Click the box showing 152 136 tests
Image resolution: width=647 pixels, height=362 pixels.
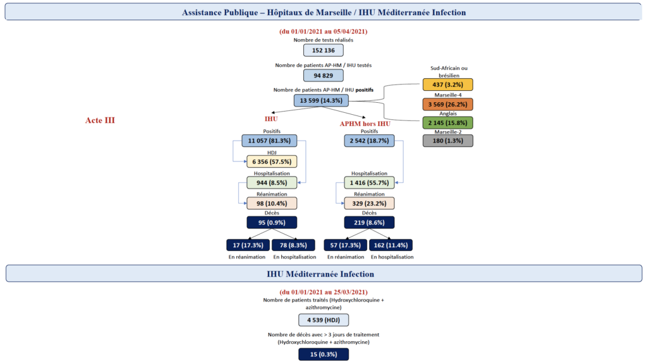point(323,50)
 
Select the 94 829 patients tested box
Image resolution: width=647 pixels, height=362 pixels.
point(323,76)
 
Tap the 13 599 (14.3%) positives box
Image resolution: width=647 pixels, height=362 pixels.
point(321,100)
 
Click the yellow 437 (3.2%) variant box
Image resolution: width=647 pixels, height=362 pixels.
point(448,85)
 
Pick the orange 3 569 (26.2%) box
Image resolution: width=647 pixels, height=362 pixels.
point(448,104)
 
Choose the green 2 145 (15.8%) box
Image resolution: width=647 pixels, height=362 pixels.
point(448,123)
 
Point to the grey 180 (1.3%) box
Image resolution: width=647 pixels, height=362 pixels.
point(448,141)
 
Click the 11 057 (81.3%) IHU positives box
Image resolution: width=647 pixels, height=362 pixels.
point(269,141)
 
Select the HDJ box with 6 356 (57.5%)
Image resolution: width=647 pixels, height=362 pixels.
point(272,161)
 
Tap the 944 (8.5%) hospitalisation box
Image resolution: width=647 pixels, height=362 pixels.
point(272,182)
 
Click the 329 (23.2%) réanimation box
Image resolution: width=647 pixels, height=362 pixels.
point(369,203)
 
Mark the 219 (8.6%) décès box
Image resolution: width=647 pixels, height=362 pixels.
point(369,223)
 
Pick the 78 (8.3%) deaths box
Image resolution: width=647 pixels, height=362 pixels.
point(293,245)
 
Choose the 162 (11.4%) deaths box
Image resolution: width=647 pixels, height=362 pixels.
point(390,245)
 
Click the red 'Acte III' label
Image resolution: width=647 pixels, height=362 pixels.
point(100,120)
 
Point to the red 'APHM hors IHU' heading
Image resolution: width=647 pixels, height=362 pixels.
point(365,124)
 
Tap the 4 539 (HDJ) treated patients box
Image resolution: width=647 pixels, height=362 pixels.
point(323,320)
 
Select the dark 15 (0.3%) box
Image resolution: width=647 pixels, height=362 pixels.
point(323,354)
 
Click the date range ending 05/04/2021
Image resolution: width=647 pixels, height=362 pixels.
point(323,32)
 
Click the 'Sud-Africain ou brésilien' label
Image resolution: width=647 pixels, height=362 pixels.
point(449,72)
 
